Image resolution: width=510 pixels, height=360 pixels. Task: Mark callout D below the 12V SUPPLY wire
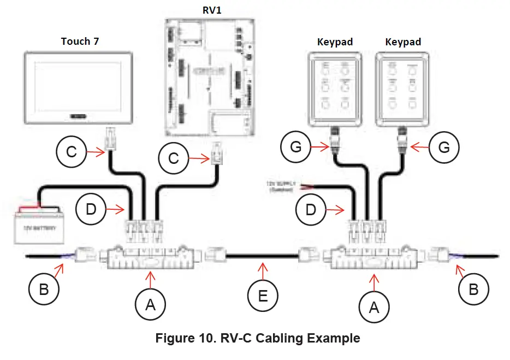(x=310, y=209)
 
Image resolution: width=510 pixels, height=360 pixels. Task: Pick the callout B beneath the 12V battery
(x=44, y=290)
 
